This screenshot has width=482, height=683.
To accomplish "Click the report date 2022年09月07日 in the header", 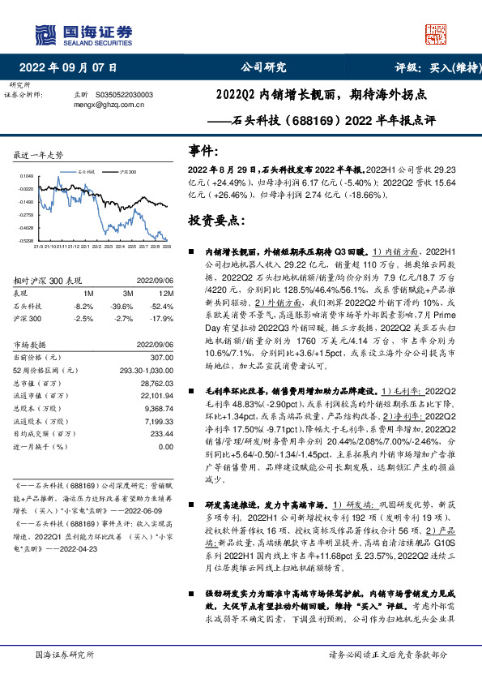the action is [73, 68].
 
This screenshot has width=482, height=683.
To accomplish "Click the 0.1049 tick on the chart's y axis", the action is [26, 175].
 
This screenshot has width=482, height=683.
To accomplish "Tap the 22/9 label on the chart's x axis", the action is [167, 245].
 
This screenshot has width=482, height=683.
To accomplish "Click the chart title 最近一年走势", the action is [40, 154].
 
